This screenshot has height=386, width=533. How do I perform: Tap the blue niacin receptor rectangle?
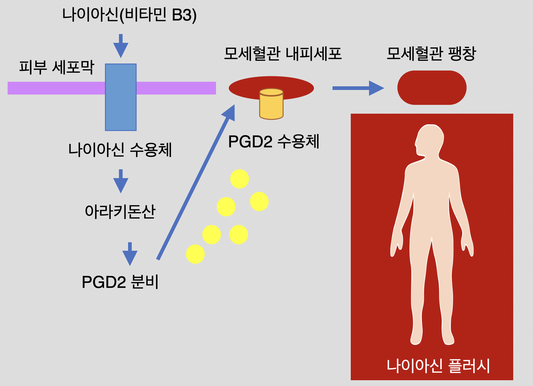point(121,97)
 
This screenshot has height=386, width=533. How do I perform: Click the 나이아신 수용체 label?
point(120,150)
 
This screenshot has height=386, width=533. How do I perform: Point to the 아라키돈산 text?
point(120,212)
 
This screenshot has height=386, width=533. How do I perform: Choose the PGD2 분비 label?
point(120,282)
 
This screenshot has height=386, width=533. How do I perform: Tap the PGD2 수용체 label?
point(274,142)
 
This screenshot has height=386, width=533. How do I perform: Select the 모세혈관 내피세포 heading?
point(283,54)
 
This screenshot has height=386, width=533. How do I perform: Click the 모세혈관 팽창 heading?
point(431,54)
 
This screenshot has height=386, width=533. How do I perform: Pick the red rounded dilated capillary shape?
point(432,88)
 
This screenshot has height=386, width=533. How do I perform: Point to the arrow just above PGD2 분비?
point(130,254)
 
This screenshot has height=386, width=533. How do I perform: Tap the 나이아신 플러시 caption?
point(438,366)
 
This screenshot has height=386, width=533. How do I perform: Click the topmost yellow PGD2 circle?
point(239,179)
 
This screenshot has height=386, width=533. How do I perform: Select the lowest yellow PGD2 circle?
point(195,254)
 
